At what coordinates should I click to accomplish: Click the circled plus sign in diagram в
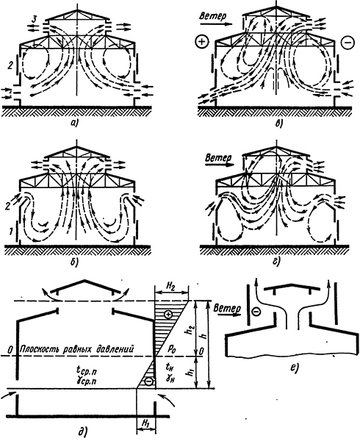coord(201,42)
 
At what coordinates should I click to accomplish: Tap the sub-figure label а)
coord(76,122)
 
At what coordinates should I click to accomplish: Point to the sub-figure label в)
coord(278,123)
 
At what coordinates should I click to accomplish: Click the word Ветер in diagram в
coord(212,16)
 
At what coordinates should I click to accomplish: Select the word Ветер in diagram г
coord(218,157)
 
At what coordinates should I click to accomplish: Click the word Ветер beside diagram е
coord(227,308)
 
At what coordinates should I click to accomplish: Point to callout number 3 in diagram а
coord(34,20)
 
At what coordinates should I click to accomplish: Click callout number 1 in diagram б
coord(10,232)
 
